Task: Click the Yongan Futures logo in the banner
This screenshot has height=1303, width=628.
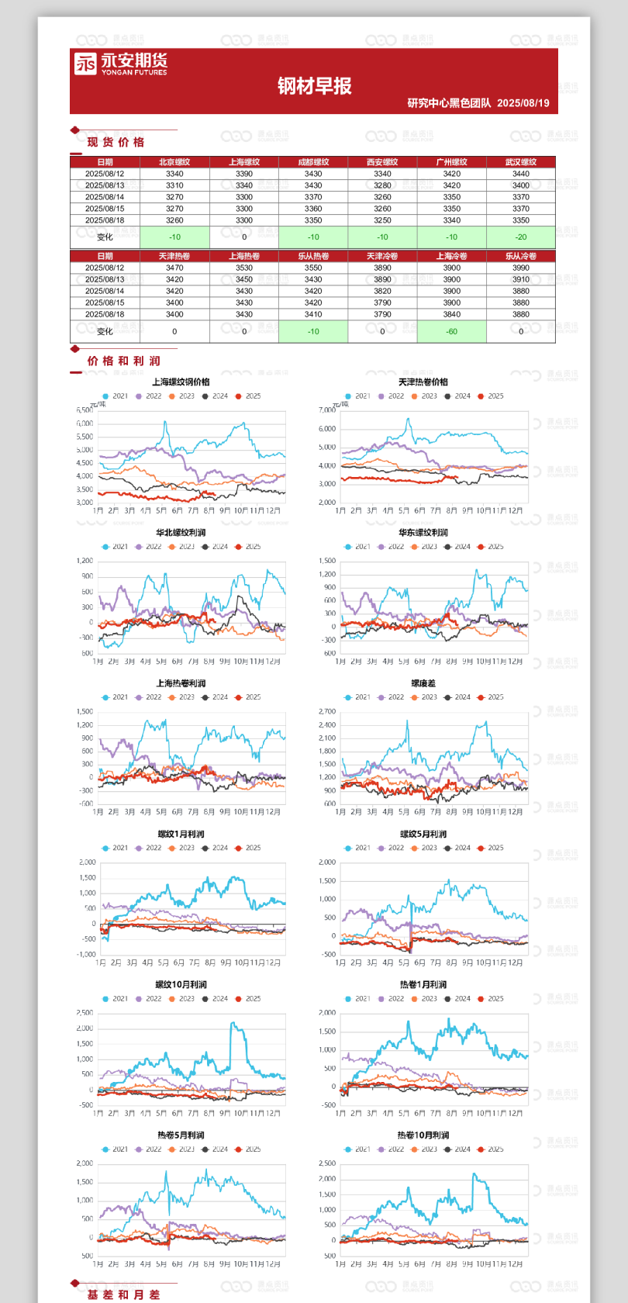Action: pos(120,63)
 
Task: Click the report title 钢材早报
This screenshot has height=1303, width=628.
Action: pos(314,86)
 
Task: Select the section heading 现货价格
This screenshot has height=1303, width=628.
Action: pos(116,142)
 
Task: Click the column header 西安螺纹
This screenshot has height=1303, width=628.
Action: pos(382,162)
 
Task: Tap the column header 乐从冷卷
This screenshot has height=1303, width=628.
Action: pos(520,256)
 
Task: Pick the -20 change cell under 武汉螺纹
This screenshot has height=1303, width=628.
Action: pos(520,237)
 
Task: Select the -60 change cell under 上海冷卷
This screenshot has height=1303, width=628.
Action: pos(451,331)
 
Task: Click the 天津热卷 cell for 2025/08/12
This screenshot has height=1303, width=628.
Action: pos(174,268)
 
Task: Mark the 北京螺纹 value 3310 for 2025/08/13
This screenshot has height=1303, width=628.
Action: pos(174,185)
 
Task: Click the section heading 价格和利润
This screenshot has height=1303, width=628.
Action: pos(123,361)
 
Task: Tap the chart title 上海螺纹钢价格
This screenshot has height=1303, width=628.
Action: pos(181,382)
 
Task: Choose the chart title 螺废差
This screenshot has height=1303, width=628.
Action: pos(423,683)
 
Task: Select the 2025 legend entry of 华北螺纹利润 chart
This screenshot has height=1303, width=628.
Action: pos(248,547)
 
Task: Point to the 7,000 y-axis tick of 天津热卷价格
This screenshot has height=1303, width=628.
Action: pos(326,410)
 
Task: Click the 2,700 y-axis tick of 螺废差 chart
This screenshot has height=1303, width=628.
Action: pos(326,711)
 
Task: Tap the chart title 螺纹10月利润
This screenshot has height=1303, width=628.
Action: pos(181,984)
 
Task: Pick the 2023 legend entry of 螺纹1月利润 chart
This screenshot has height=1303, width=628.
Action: pos(181,848)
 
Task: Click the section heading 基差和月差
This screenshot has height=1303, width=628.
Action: pos(123,1294)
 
